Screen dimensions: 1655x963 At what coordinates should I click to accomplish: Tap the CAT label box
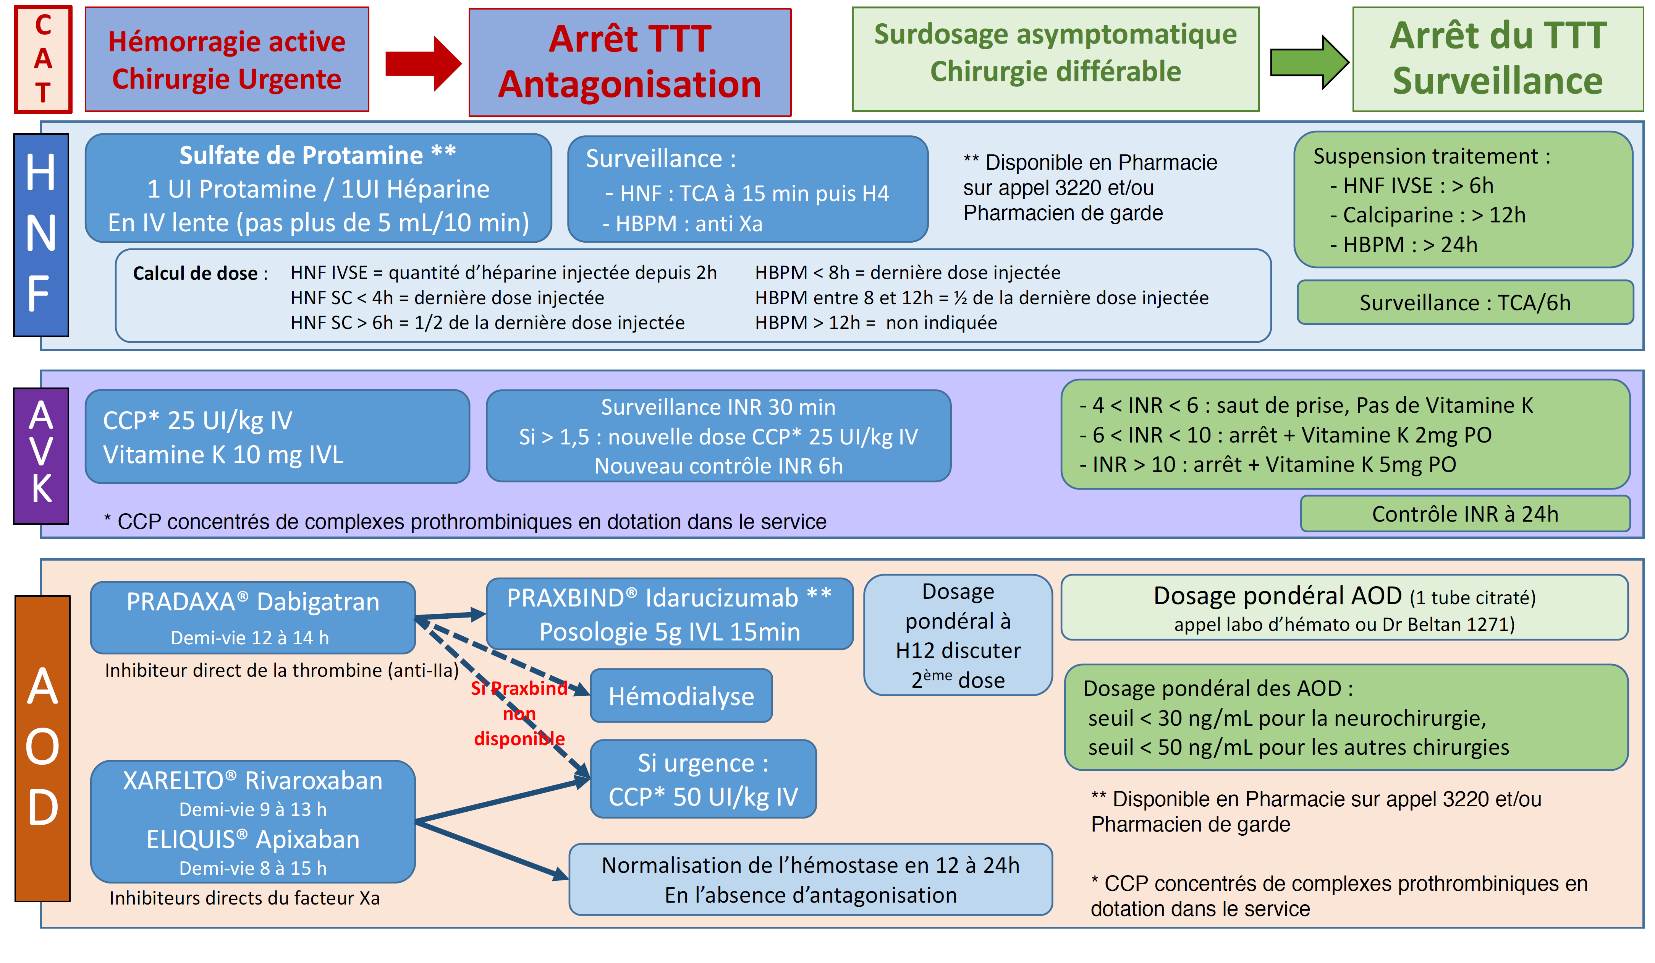(x=43, y=59)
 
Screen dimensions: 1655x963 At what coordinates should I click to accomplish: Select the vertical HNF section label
(x=41, y=235)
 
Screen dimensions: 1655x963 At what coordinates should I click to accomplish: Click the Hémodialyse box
(x=681, y=695)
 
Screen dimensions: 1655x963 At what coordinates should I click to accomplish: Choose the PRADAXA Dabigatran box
(x=253, y=617)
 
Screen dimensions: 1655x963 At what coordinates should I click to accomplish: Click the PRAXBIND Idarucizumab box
(x=669, y=614)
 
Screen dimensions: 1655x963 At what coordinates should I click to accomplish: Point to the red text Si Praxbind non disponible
(x=519, y=713)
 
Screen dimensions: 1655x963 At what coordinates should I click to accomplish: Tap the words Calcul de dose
(x=195, y=273)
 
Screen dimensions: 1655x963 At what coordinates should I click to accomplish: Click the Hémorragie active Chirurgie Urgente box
(x=226, y=59)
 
